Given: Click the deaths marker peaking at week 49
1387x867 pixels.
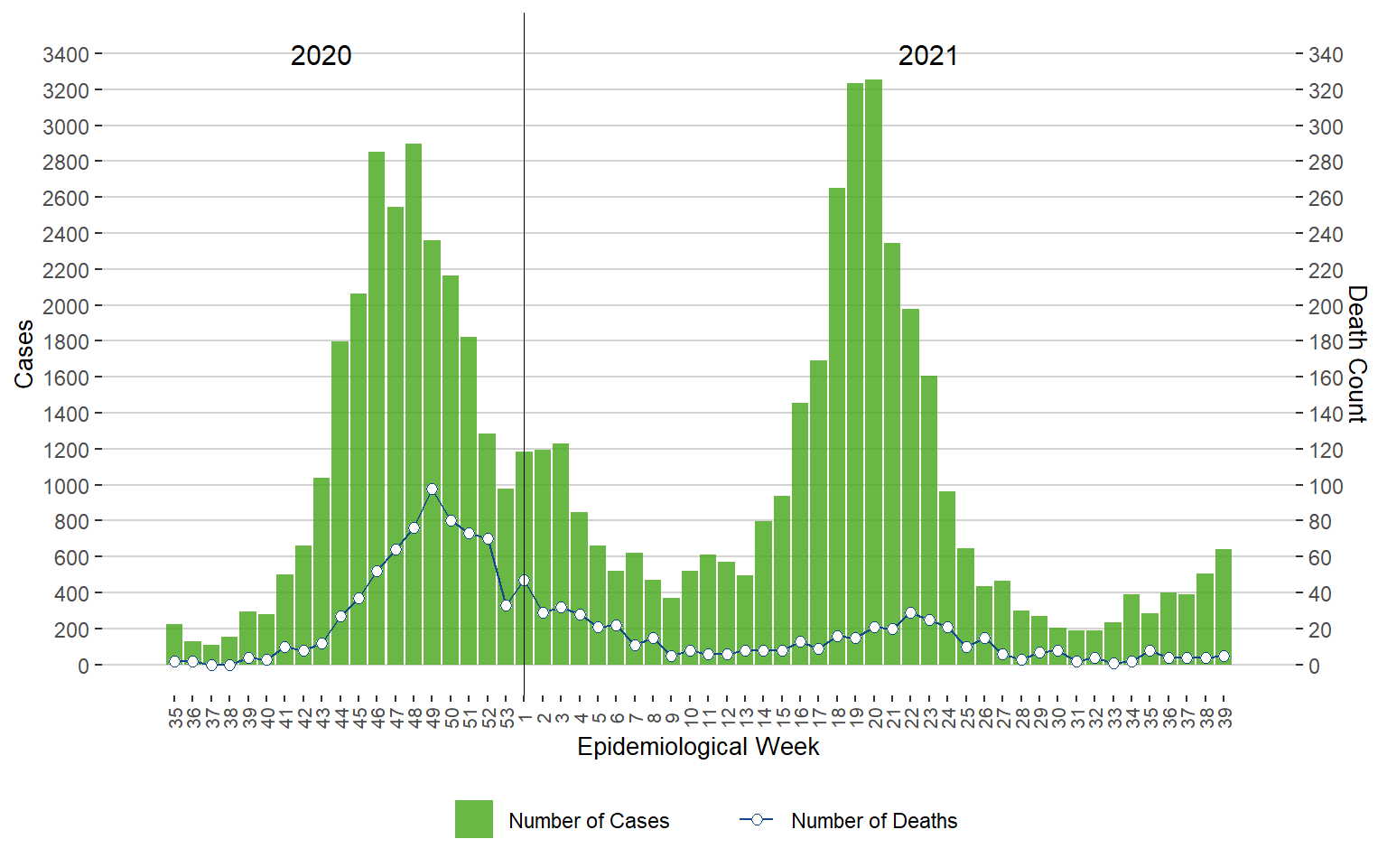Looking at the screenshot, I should click(432, 489).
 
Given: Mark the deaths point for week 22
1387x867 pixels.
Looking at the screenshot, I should click(910, 612).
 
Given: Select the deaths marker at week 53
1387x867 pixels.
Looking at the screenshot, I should click(506, 605).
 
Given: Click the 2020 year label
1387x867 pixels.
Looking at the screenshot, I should click(321, 56).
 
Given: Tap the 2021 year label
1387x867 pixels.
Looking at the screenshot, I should click(927, 56).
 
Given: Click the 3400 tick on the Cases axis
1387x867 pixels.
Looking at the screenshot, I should click(66, 55).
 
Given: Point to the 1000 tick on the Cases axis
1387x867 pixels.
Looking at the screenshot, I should click(66, 486).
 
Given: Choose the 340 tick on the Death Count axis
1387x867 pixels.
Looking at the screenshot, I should click(1326, 55).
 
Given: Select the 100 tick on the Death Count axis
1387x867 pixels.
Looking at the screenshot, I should click(1326, 486).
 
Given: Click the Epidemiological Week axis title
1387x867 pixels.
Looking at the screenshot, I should click(698, 747).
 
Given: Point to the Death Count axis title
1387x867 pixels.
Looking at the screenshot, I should click(1356, 354).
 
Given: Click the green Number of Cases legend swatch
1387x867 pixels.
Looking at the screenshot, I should click(474, 819).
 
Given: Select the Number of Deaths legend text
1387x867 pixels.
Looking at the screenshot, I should click(873, 821).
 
